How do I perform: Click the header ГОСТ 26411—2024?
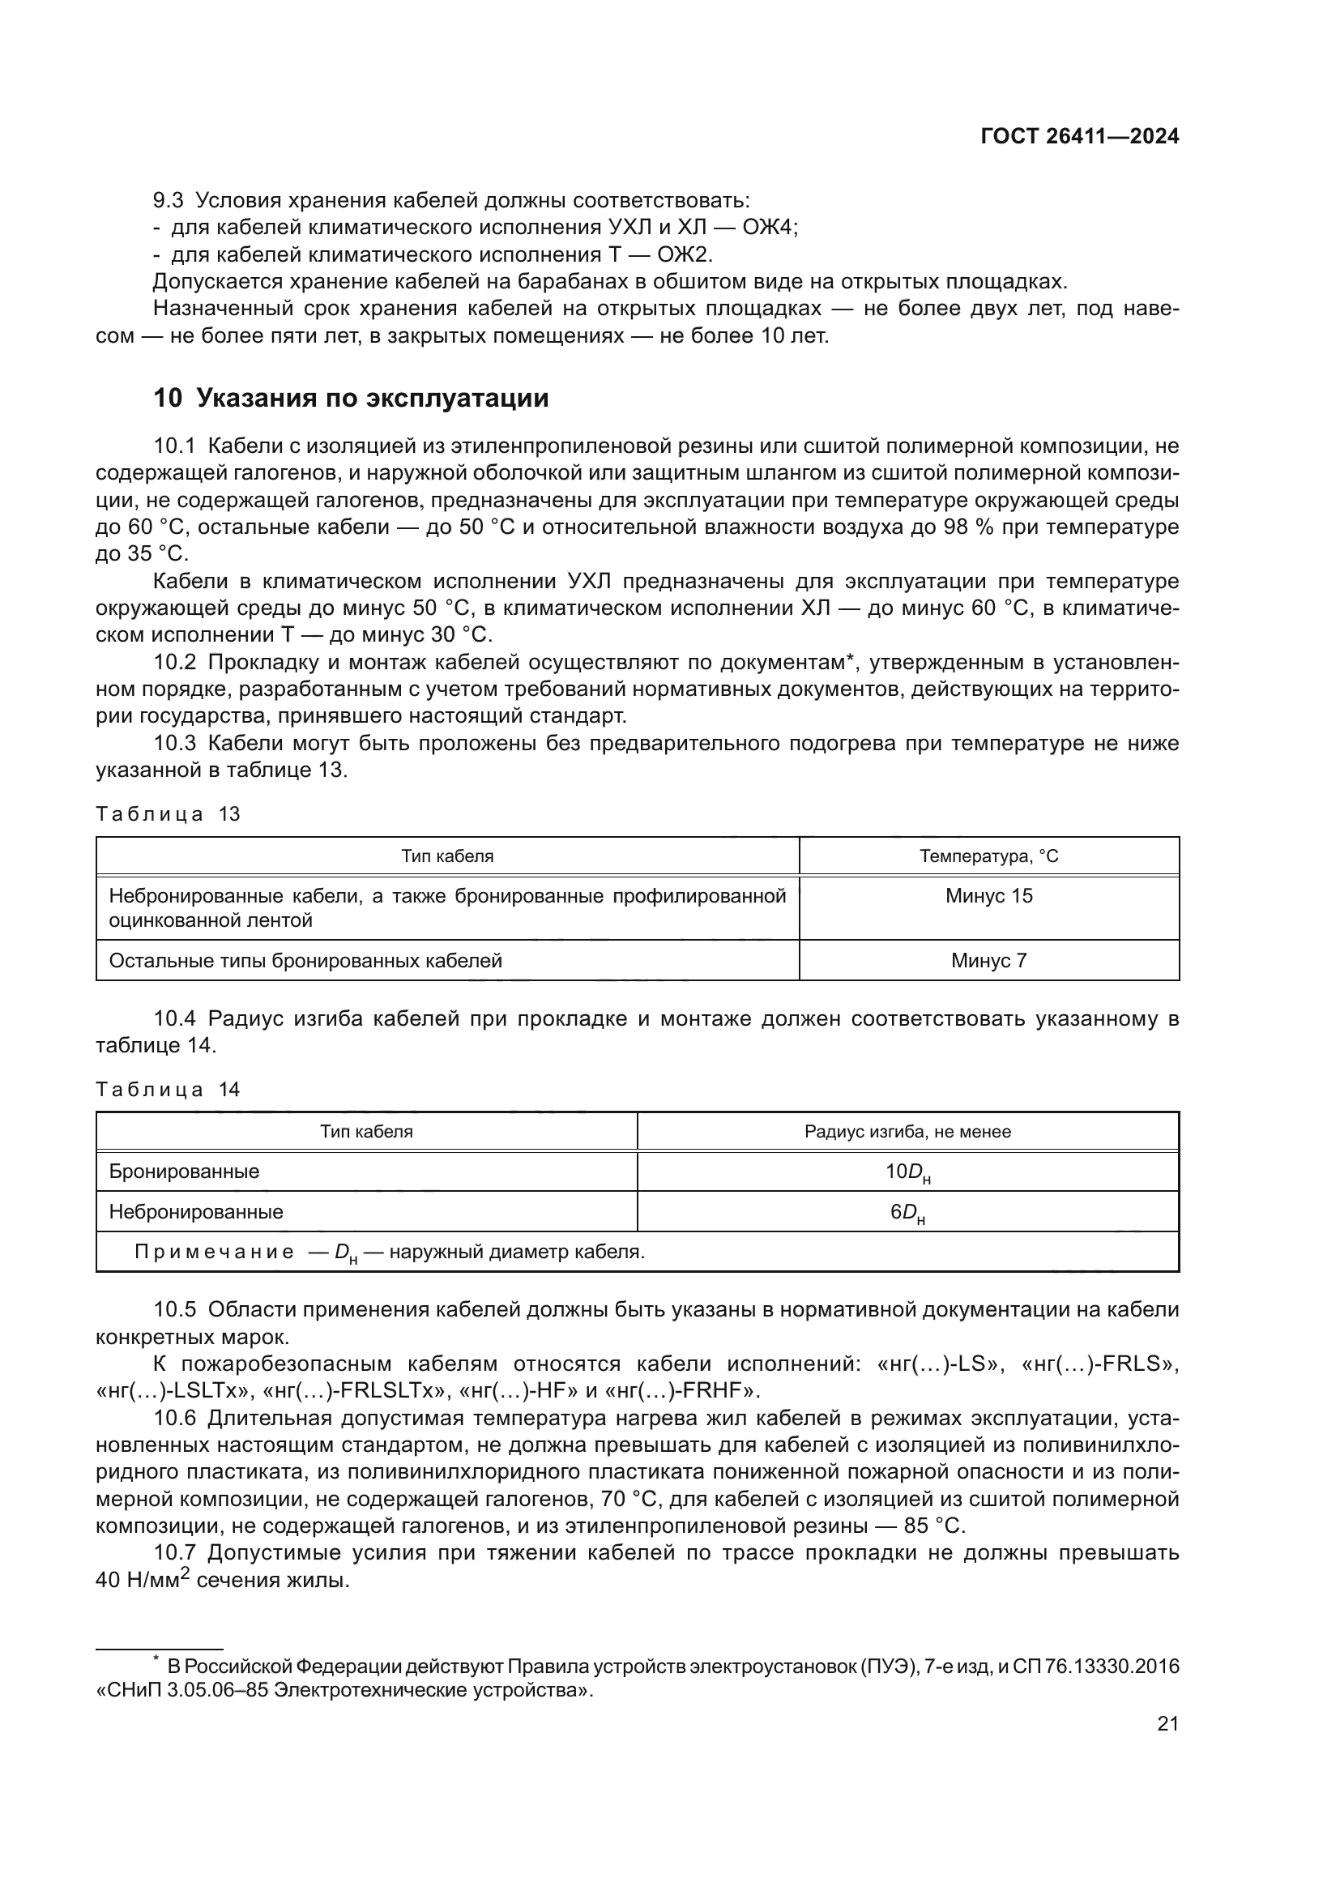point(1079,137)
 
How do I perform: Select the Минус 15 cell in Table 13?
point(988,895)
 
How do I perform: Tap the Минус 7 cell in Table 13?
point(988,960)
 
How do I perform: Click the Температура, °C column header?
point(988,856)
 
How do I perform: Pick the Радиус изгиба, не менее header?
point(907,1132)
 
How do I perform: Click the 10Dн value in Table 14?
point(907,1172)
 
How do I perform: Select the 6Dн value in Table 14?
point(907,1213)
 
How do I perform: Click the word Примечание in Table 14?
point(214,1252)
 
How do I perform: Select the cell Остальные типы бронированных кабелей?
point(305,961)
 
